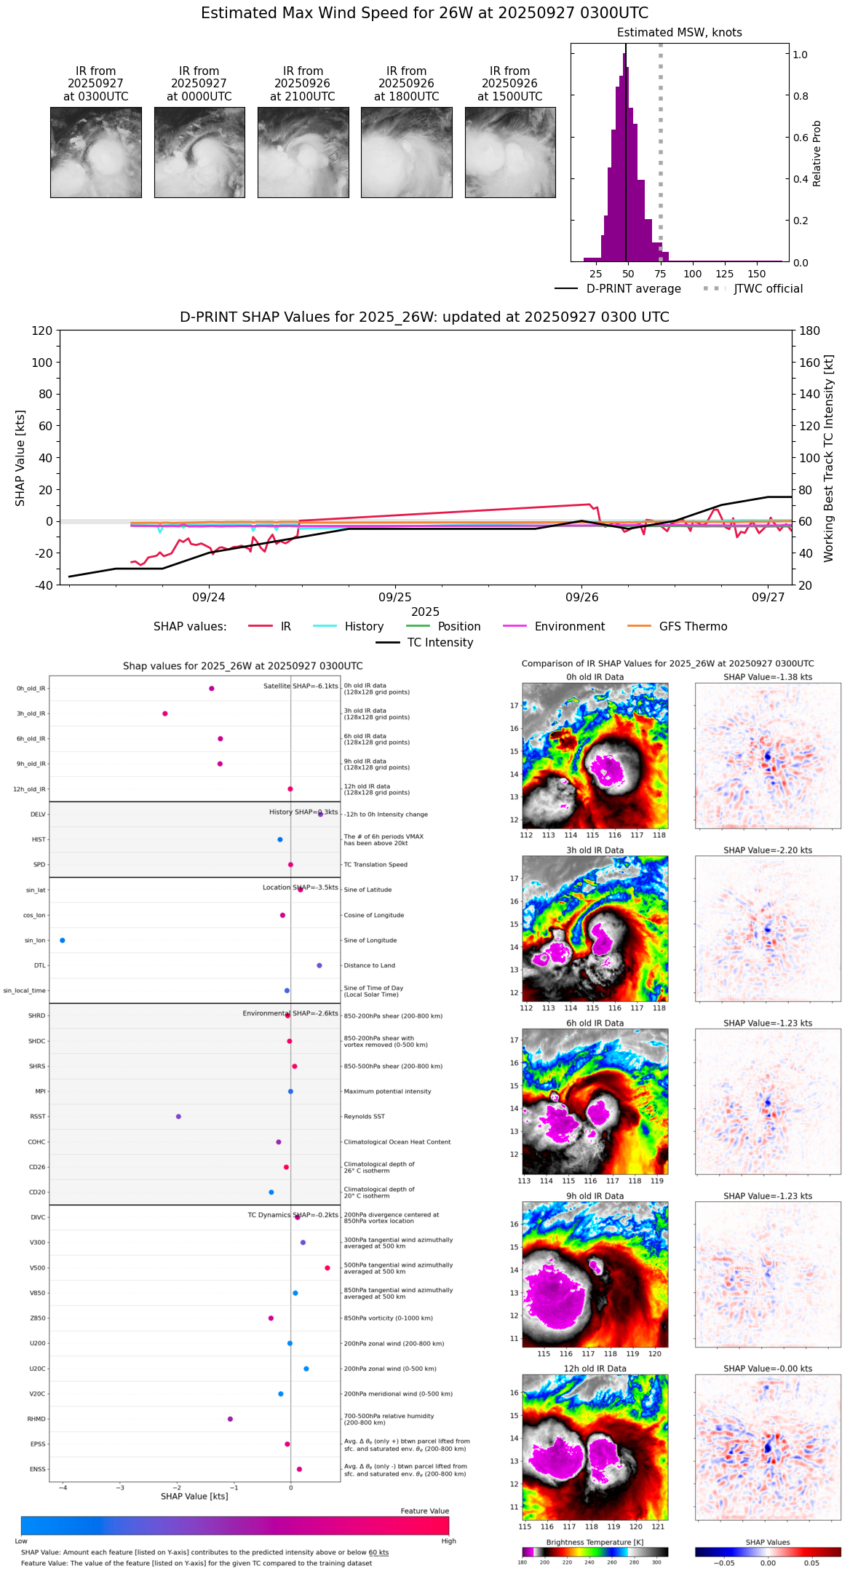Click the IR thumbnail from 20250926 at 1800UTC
pos(406,152)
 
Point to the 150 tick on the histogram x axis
pos(757,274)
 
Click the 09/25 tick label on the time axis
pos(395,597)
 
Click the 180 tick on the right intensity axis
pos(809,331)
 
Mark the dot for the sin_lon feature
pos(63,941)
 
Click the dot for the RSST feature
pos(178,1117)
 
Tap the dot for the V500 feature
pos(327,1268)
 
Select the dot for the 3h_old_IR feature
pos(165,713)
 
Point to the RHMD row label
pos(36,1419)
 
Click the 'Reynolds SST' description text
pos(364,1117)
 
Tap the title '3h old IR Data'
pos(595,850)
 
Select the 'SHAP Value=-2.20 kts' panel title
pos(768,850)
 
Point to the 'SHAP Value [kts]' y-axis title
pos(20,458)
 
